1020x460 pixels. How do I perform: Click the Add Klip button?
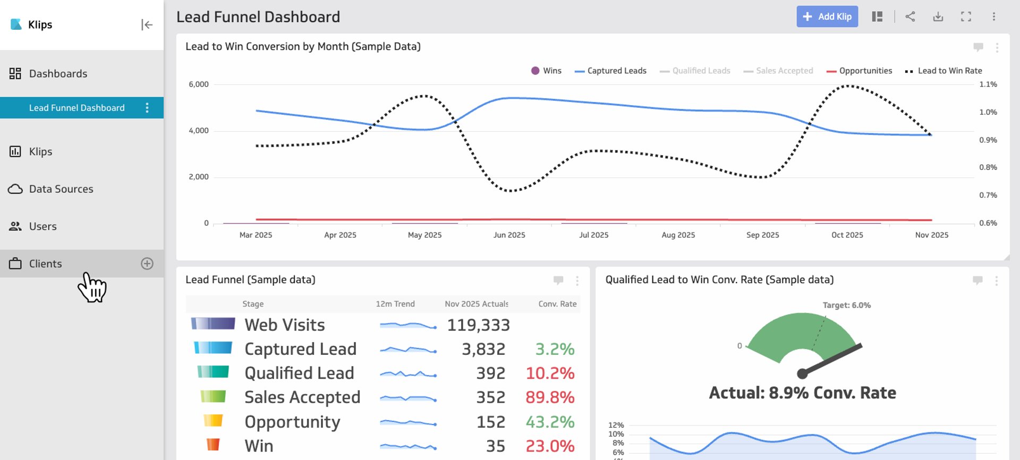tap(827, 16)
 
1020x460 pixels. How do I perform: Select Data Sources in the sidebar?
tap(61, 189)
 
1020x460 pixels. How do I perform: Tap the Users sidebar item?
tap(42, 226)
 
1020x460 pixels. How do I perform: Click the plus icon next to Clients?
tap(147, 263)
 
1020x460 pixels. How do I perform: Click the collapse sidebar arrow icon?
tap(147, 24)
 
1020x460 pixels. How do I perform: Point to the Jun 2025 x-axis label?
tap(509, 235)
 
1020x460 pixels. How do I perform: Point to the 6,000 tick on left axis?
tap(199, 84)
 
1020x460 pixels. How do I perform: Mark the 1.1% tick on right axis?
tap(988, 84)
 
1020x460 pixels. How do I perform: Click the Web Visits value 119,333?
tap(478, 325)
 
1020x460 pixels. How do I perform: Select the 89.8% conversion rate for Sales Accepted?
tap(550, 397)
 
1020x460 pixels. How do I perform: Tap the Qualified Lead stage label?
tap(299, 373)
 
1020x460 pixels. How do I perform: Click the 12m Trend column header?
tap(395, 304)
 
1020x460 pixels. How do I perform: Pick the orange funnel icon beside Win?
tap(213, 445)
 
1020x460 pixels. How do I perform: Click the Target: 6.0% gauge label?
tap(846, 305)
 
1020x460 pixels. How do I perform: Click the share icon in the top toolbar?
tap(910, 16)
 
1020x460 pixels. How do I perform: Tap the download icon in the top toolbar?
tap(938, 16)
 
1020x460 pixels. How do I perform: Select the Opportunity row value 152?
tap(490, 422)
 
